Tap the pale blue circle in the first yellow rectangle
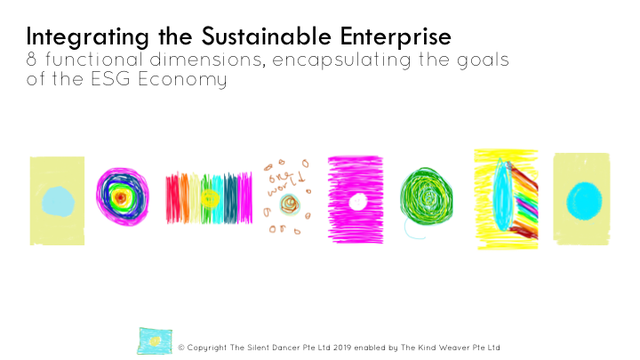coord(57,200)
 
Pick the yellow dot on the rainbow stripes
coord(209,197)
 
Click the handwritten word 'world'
coord(288,182)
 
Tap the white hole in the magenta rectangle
coord(358,202)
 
